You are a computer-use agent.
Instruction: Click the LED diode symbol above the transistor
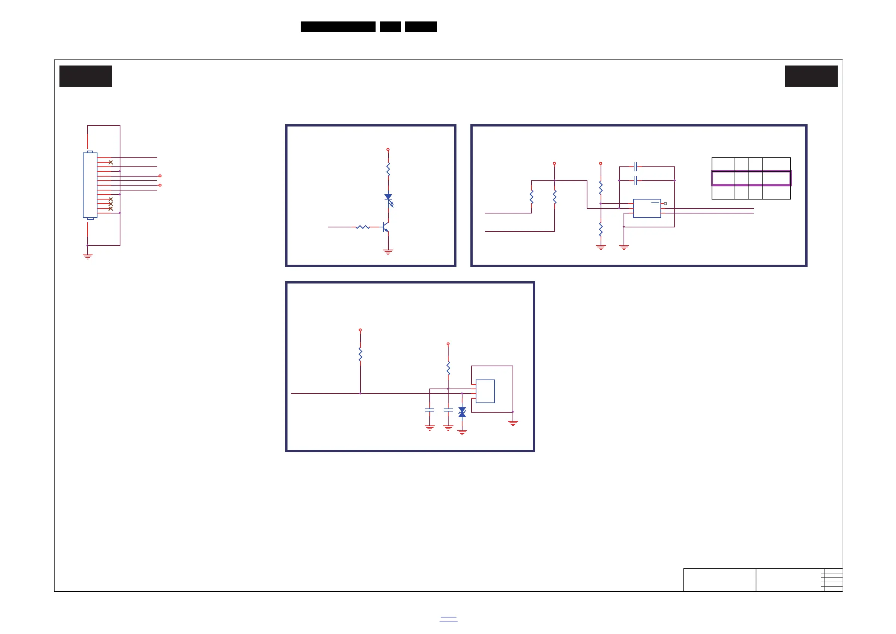click(x=388, y=198)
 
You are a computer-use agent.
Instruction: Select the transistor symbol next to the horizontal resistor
click(x=386, y=227)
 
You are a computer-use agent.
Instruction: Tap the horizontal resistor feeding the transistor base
click(x=363, y=227)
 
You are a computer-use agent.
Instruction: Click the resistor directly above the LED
click(x=388, y=169)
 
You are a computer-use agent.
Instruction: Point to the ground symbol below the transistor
click(x=388, y=252)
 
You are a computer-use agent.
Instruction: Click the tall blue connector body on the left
click(x=90, y=185)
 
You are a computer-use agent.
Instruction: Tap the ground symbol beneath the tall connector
click(x=87, y=256)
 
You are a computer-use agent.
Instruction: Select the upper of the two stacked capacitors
click(x=635, y=167)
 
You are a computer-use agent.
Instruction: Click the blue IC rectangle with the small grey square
click(x=647, y=209)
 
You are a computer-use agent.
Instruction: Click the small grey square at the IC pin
click(x=665, y=204)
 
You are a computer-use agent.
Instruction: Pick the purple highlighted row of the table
click(x=751, y=178)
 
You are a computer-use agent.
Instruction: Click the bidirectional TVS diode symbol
click(x=462, y=412)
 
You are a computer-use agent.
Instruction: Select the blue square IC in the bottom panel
click(x=485, y=391)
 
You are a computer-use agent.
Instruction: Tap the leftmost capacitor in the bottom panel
click(x=430, y=410)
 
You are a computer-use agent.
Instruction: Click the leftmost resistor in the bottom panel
click(x=360, y=354)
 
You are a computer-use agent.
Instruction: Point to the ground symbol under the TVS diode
click(x=462, y=432)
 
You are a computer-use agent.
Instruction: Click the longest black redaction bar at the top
click(x=338, y=27)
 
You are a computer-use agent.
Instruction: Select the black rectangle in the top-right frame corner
click(x=811, y=76)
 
